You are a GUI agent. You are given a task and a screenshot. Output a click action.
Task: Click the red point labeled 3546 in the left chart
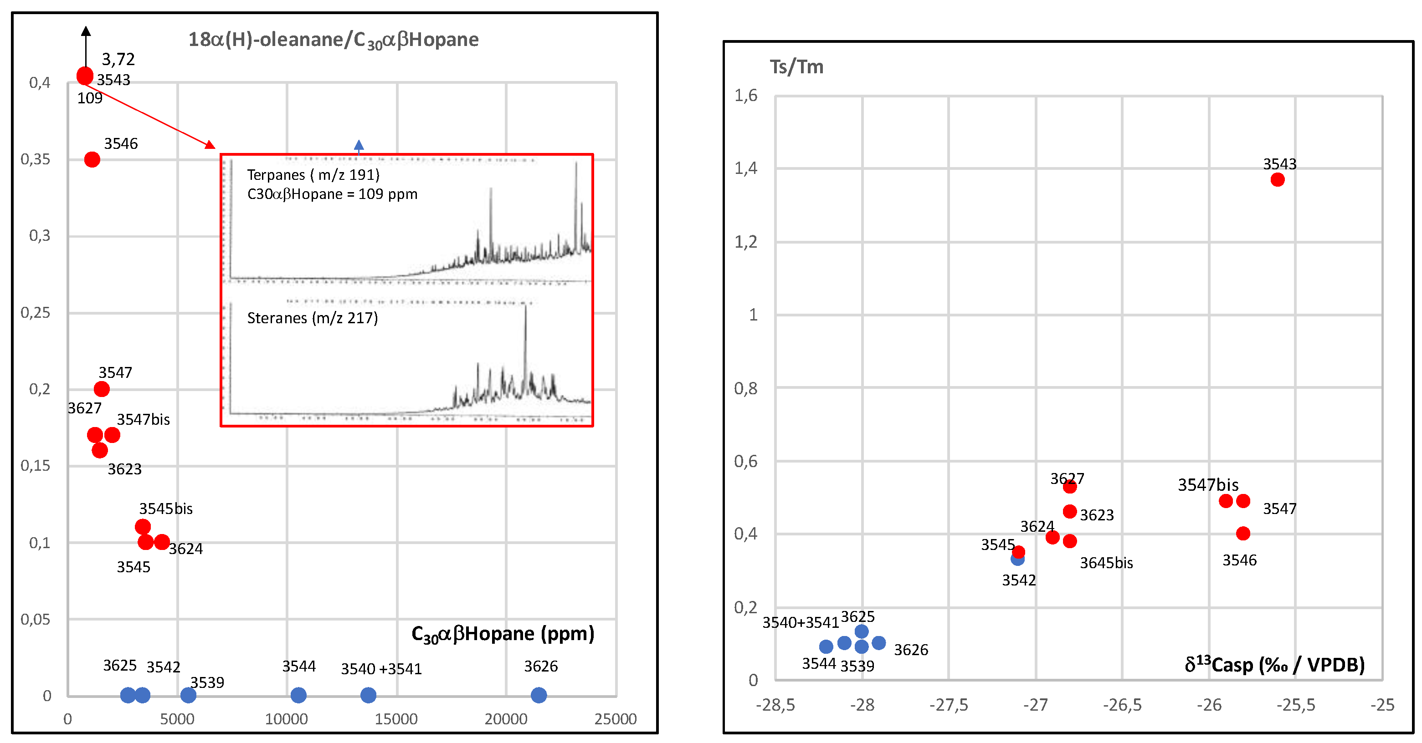(x=92, y=159)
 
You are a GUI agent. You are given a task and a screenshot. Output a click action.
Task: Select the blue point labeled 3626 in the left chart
(x=538, y=695)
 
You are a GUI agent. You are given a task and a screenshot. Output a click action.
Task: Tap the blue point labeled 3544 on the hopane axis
(x=298, y=695)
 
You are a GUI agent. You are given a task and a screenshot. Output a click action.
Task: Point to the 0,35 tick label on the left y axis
(x=36, y=159)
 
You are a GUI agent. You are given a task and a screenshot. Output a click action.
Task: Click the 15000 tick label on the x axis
(x=396, y=719)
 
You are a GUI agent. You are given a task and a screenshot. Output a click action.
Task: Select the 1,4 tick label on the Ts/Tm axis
(x=745, y=168)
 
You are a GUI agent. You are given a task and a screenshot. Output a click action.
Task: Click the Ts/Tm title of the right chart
(x=796, y=67)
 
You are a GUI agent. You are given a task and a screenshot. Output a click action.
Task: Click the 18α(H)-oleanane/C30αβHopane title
(x=334, y=40)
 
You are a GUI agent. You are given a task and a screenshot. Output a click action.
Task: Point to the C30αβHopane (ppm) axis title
(x=503, y=634)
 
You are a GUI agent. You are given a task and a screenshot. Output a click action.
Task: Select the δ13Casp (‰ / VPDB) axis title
(x=1274, y=664)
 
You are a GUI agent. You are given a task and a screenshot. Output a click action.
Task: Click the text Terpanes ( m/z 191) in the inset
(x=313, y=175)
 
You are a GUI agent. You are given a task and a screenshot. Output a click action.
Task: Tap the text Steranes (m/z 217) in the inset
(x=313, y=318)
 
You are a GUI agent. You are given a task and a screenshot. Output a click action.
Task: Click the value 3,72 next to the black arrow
(x=118, y=59)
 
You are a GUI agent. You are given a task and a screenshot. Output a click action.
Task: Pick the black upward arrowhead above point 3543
(x=86, y=31)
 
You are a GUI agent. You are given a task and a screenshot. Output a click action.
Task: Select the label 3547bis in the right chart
(x=1208, y=484)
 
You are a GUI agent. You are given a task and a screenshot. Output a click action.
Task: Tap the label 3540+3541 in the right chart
(x=800, y=622)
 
